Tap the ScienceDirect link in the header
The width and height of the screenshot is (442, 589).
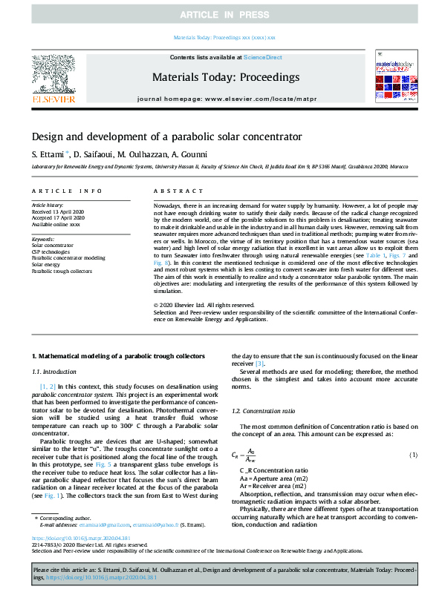(x=263, y=57)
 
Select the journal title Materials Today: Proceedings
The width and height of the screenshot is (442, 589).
(x=225, y=77)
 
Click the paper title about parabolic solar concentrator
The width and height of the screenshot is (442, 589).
(x=157, y=137)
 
